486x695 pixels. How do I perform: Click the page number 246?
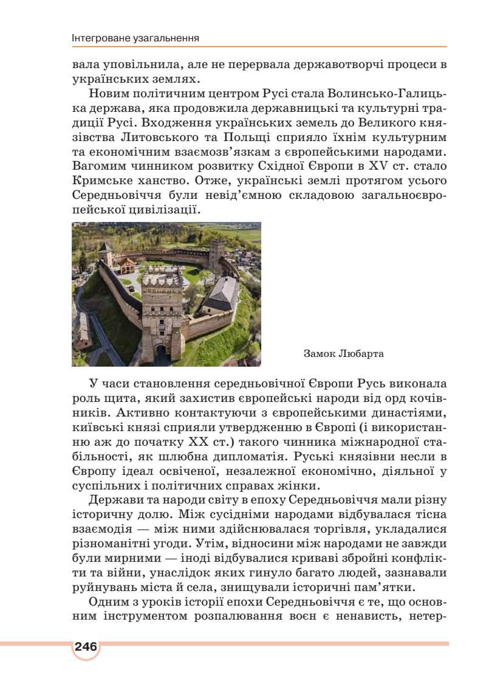point(86,646)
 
